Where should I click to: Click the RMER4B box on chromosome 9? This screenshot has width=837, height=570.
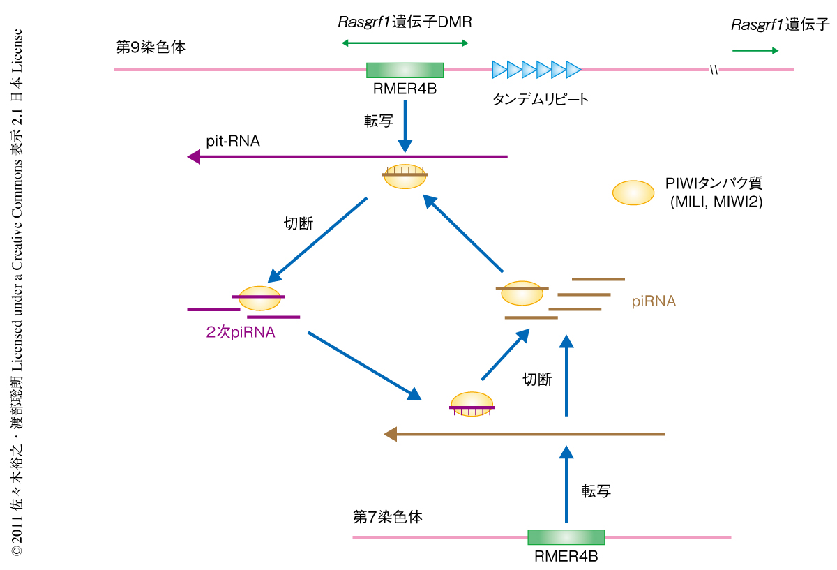point(405,70)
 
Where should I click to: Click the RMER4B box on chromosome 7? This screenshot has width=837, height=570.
point(566,537)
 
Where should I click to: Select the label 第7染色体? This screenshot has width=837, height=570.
point(388,517)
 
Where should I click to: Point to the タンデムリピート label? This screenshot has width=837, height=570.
point(541,99)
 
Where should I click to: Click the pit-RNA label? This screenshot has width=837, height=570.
point(233,141)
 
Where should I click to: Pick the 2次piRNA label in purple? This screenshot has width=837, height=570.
point(241,333)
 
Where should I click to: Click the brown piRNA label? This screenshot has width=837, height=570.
point(654,301)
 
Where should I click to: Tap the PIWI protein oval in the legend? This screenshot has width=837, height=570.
point(633,193)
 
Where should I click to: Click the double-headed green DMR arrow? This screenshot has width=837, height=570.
point(405,43)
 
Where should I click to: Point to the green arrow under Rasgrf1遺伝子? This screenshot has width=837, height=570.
point(755,50)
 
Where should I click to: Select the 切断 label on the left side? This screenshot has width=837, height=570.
point(299,224)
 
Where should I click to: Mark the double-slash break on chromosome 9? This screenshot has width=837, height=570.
point(714,70)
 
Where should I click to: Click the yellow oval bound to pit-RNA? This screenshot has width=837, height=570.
point(405,177)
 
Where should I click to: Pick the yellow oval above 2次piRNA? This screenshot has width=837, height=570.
point(259,298)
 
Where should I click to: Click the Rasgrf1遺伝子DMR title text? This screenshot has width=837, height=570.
point(405,22)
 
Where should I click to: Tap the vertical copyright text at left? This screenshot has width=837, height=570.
point(17,293)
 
